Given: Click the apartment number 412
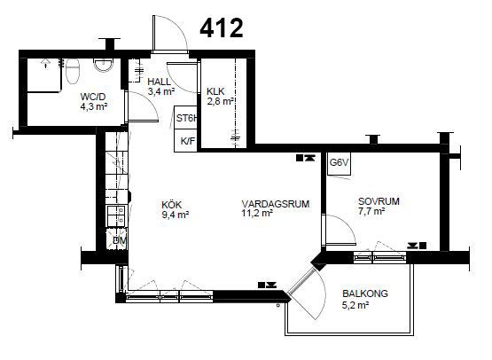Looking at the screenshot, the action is (222, 28).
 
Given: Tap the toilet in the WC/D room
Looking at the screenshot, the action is (73, 71).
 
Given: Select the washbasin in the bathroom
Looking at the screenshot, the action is (103, 65).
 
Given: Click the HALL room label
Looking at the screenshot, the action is (160, 82).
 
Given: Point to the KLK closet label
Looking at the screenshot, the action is (215, 91).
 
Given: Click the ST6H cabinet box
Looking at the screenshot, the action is (186, 117).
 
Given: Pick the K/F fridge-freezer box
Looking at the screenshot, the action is (186, 141).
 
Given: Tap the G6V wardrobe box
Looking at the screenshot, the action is (339, 163).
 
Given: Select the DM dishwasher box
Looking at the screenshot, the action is (117, 239).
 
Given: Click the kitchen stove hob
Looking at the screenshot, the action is (117, 215).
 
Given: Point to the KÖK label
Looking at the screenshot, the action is (172, 205).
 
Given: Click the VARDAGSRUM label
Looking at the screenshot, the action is (276, 204).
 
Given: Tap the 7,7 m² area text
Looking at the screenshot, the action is (371, 211).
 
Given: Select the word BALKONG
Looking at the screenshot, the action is (365, 293).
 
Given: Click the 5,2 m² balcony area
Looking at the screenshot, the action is (355, 305).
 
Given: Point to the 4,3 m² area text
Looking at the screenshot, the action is (94, 106).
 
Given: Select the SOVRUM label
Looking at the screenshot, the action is (379, 201).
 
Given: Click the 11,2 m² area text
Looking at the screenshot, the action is (257, 214).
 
